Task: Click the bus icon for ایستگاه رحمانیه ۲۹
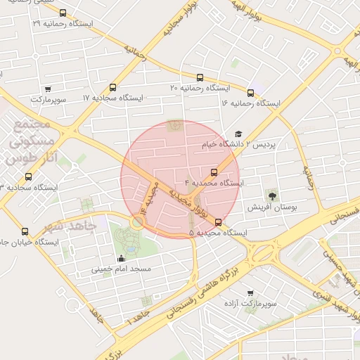tap(63, 13)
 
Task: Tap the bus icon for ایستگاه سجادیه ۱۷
tap(113, 88)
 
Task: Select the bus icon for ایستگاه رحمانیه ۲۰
tap(200, 78)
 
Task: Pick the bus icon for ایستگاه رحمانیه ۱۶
tap(251, 93)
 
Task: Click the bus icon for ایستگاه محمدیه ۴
tap(214, 172)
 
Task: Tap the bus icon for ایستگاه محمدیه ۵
tap(218, 222)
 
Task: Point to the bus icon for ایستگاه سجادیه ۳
tap(28, 177)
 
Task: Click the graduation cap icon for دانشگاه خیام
tap(238, 134)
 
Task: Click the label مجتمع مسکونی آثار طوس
tap(30, 141)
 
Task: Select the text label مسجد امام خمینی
tap(121, 269)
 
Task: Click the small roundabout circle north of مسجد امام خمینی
tap(137, 221)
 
